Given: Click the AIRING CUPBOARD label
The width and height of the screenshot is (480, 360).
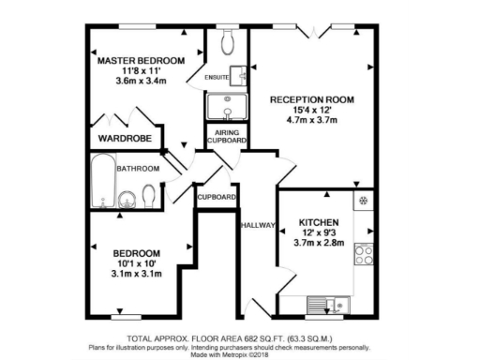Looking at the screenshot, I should [227, 138].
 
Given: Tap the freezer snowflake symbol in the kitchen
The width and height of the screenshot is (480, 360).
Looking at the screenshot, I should [364, 202].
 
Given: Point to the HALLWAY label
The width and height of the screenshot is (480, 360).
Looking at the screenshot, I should [259, 225].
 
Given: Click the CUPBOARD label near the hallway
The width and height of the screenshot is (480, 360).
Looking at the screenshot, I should [217, 197].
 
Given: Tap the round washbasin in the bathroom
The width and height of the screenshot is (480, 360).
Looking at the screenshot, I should [125, 198].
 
